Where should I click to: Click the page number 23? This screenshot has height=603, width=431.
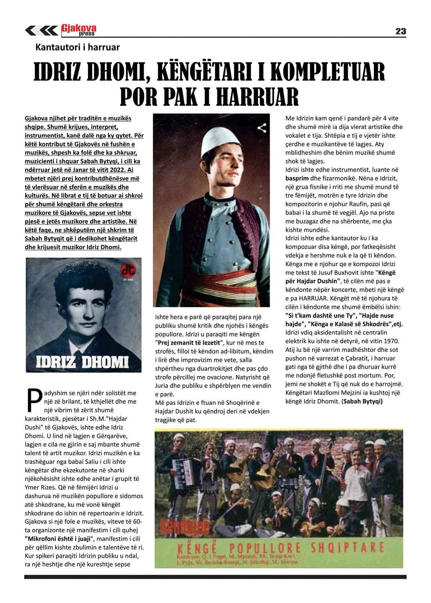(x=401, y=31)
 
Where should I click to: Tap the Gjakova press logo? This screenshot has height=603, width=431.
(x=79, y=30)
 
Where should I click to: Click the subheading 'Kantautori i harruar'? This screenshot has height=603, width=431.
(x=77, y=47)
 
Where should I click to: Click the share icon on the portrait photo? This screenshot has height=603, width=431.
(x=262, y=128)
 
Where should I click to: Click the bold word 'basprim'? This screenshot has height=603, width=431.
(x=296, y=179)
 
